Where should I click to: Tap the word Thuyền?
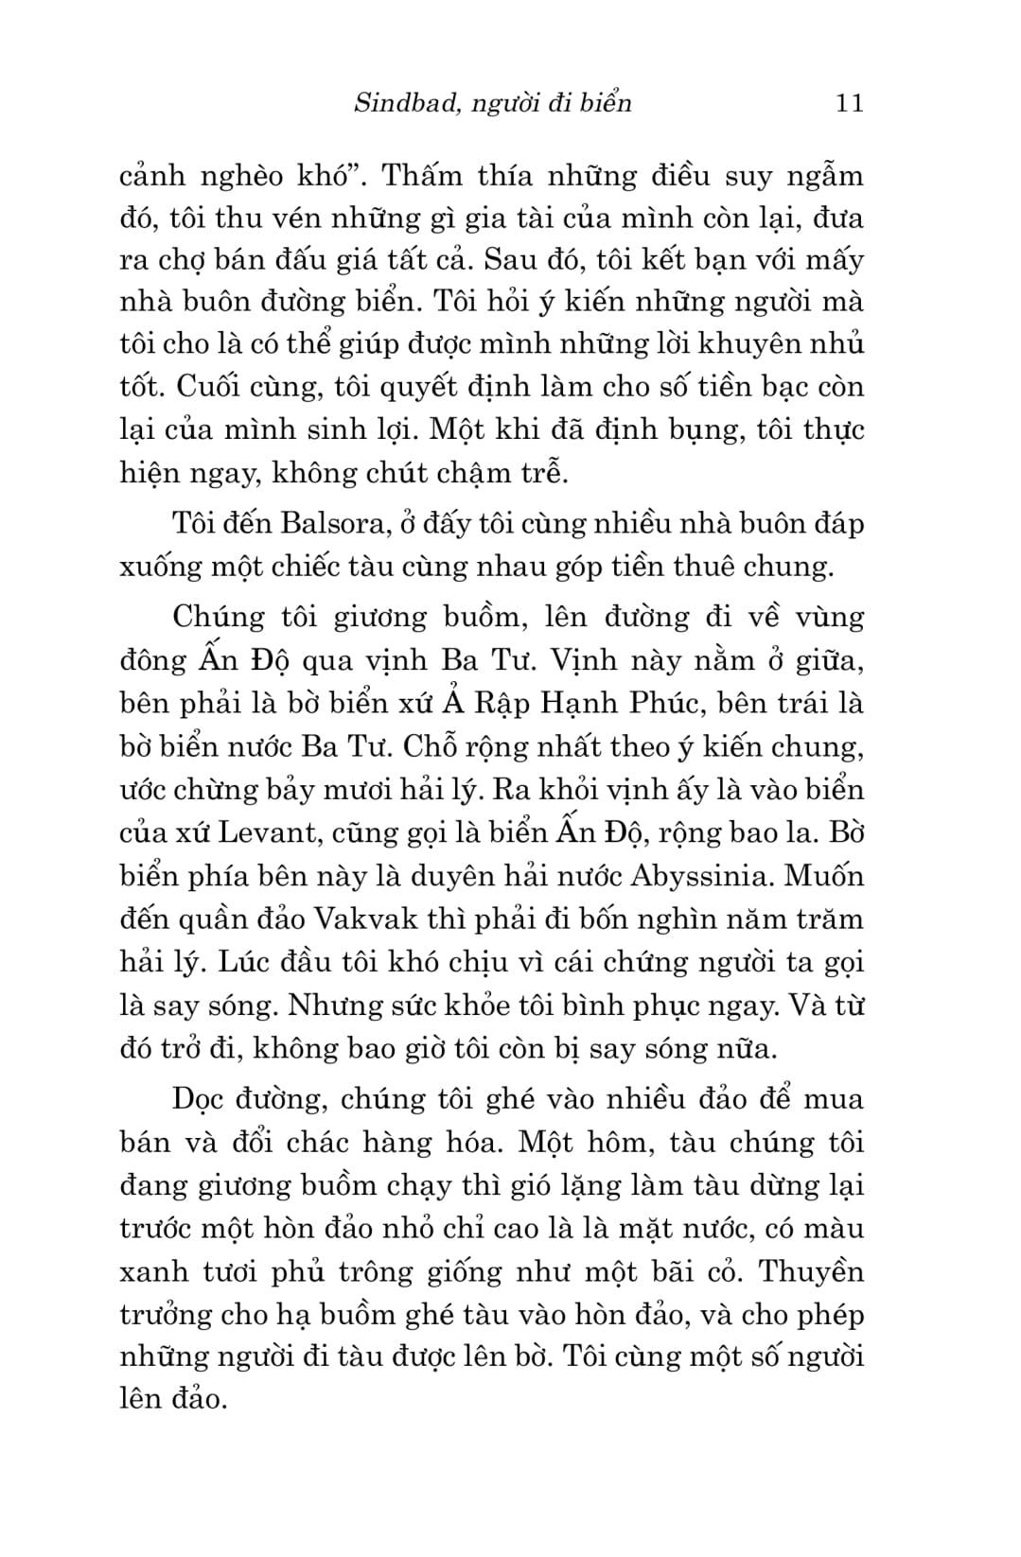pyautogui.click(x=813, y=1270)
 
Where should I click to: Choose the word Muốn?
pyautogui.click(x=824, y=876)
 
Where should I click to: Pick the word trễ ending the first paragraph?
pyautogui.click(x=545, y=472)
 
